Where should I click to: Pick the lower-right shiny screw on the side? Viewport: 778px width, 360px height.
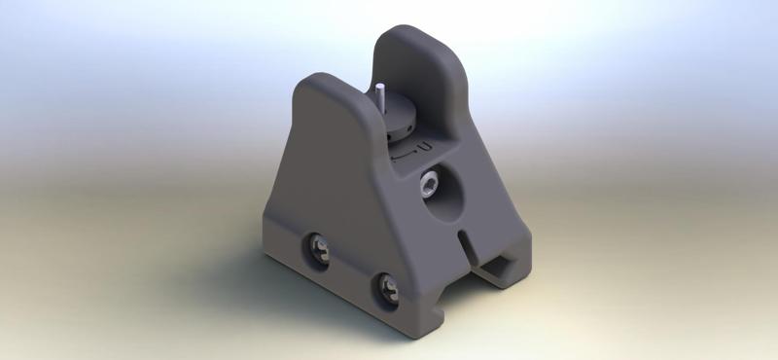pos(390,287)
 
